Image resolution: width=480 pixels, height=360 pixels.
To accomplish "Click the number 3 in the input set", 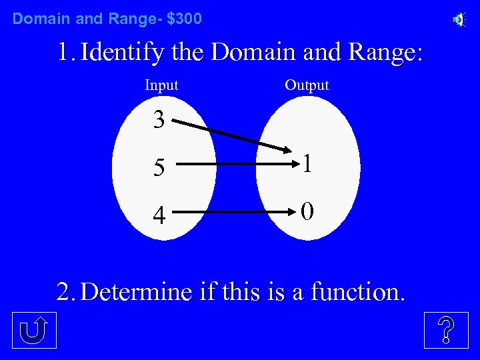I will coord(159,120).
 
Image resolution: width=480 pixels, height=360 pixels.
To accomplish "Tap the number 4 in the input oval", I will coord(159,215).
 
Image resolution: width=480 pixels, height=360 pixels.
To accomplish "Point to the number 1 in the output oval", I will coord(307,164).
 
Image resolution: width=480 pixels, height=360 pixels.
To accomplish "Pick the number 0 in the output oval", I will coord(307,211).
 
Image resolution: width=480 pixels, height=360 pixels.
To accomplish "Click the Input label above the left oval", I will coord(161,85).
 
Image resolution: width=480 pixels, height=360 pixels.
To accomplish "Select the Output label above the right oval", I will coord(307,85).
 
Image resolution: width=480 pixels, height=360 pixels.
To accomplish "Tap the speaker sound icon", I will coord(459,20).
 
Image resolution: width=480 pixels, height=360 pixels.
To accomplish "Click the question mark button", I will coord(446,330).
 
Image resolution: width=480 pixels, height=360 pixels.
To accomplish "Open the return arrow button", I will coord(34,330).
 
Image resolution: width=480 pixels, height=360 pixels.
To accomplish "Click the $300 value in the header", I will coord(184,19).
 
